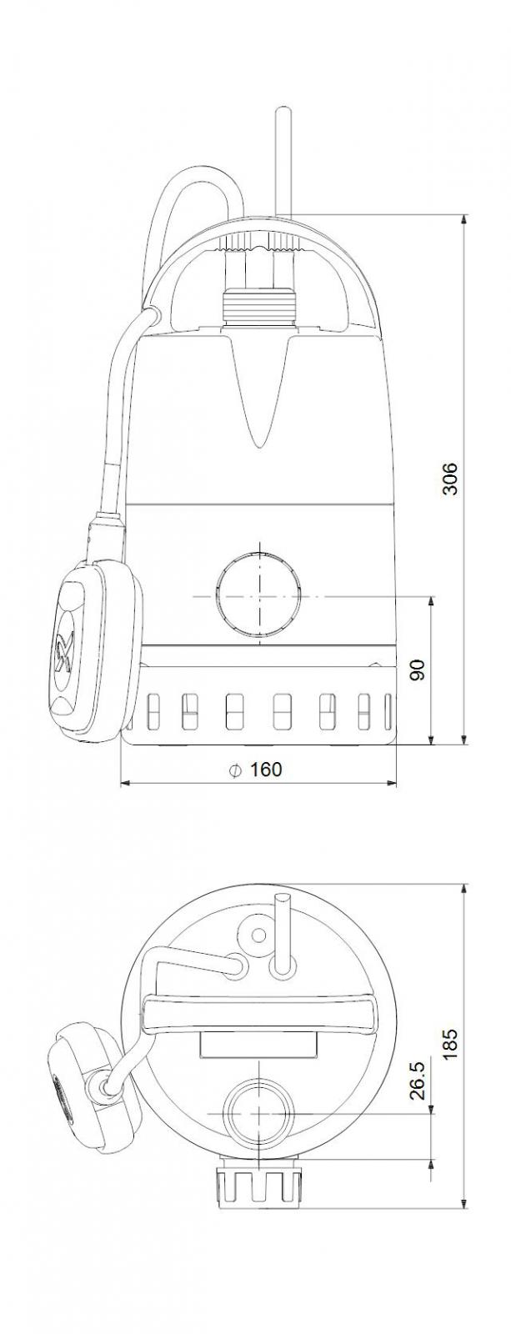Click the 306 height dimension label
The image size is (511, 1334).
click(450, 478)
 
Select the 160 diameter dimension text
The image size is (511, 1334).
click(266, 770)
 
